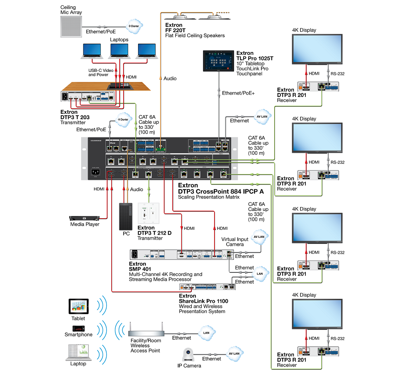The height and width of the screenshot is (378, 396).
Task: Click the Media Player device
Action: [x=84, y=218]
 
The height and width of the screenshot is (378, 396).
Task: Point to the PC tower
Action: [x=126, y=216]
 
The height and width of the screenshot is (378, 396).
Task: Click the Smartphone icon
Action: [x=79, y=328]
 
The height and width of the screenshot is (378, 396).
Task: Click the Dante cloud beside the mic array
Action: [x=134, y=26]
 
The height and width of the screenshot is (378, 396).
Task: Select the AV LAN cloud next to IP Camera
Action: [x=234, y=354]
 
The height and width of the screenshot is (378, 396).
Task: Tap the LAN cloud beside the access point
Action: [x=205, y=332]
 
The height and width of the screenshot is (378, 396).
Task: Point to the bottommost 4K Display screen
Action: [x=317, y=314]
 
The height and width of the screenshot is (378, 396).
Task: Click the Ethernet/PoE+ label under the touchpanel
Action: [x=238, y=93]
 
